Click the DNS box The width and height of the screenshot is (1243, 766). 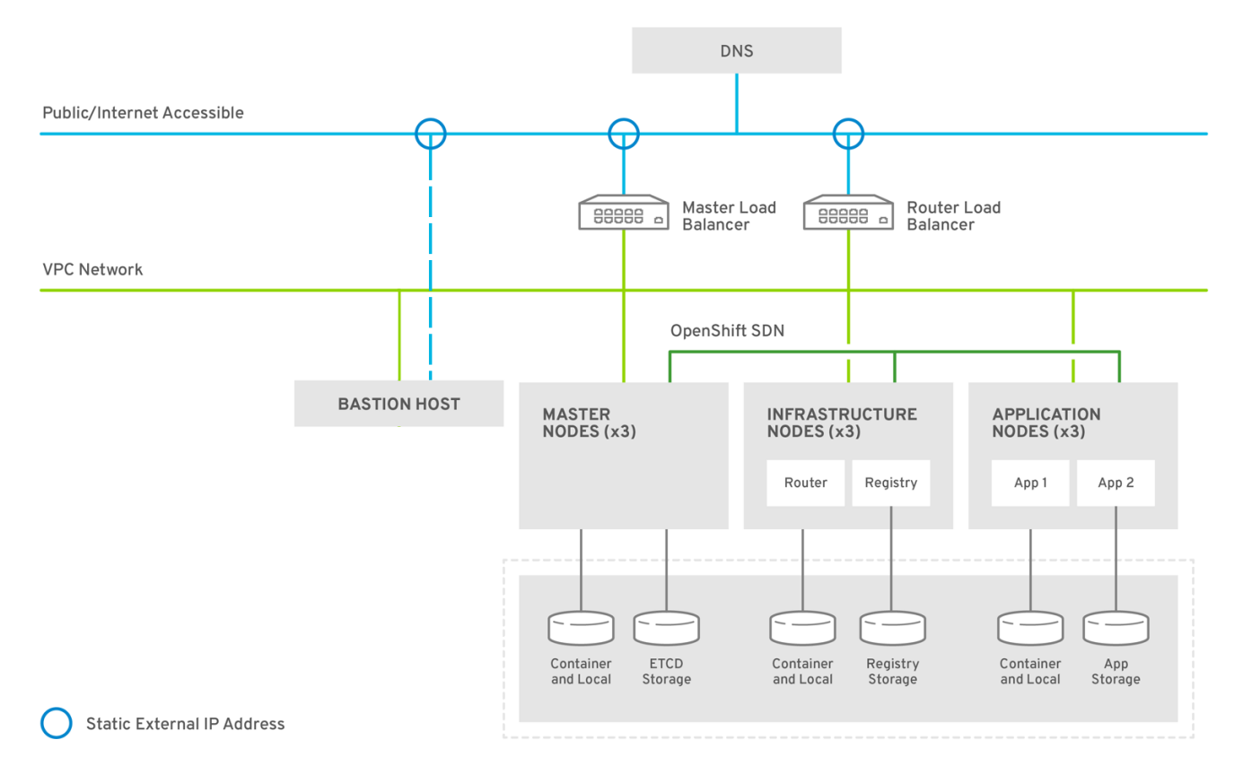(x=736, y=50)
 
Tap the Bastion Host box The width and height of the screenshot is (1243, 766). (x=398, y=404)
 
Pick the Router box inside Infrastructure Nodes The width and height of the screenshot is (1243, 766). (x=805, y=483)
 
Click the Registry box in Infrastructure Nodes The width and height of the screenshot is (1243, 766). (x=891, y=483)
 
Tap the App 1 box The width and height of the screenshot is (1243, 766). (x=1030, y=483)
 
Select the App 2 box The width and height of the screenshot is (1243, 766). (x=1116, y=483)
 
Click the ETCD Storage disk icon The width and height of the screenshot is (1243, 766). (x=666, y=628)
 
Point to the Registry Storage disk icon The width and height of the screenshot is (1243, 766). (x=892, y=628)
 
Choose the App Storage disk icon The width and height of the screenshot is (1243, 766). (x=1116, y=628)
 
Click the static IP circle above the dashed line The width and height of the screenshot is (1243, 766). (x=431, y=134)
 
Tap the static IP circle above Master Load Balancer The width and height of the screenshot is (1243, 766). (x=624, y=134)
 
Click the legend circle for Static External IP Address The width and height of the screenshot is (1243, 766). (x=57, y=723)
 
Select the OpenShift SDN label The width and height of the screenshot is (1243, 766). (x=727, y=331)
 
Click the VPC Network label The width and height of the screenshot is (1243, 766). (x=92, y=269)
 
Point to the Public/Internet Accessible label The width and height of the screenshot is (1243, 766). (x=143, y=113)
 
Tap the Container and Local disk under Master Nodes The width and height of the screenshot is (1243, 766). (x=581, y=628)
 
